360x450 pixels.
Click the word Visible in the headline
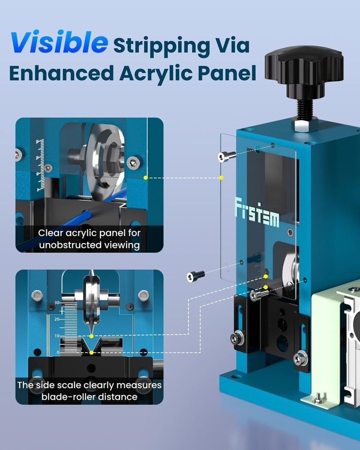tap(59, 43)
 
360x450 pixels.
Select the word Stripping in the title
tap(162, 46)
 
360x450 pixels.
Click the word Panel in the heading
tap(227, 73)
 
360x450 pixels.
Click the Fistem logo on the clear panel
tap(257, 214)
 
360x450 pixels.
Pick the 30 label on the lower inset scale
tap(57, 302)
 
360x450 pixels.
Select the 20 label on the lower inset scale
tap(57, 319)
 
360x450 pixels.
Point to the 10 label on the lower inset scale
tap(57, 336)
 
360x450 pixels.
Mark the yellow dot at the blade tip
tap(91, 336)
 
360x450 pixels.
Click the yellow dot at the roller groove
tap(91, 352)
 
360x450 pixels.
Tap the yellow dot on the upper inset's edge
tap(146, 178)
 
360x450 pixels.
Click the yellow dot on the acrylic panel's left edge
tap(221, 178)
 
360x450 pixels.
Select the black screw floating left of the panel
tap(195, 276)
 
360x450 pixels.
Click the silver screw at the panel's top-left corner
tap(226, 157)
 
